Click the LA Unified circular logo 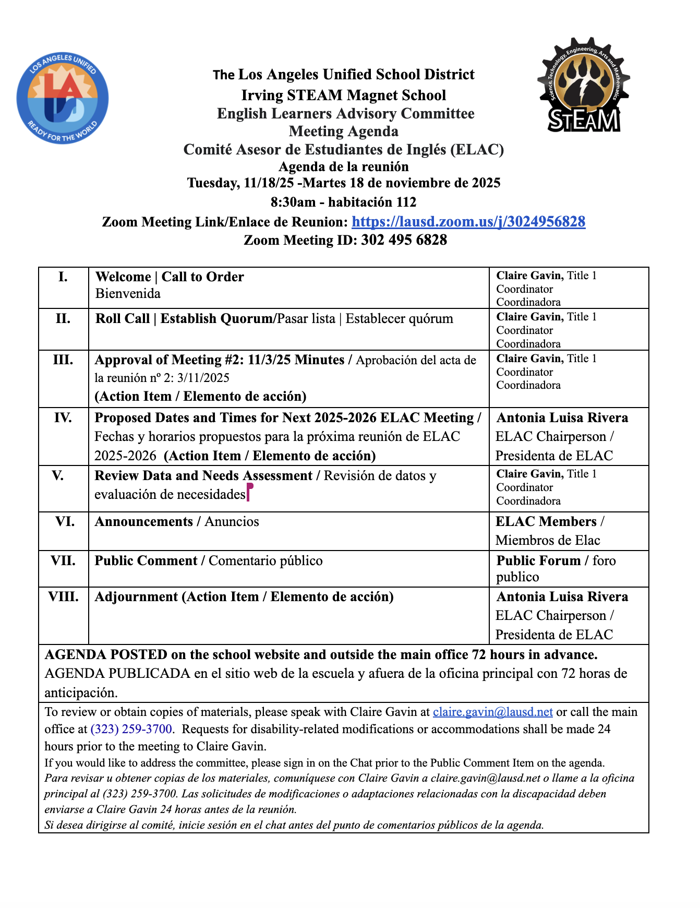click(x=63, y=99)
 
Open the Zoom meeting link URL click(x=468, y=222)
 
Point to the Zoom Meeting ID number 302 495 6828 click(x=404, y=240)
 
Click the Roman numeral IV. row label click(x=63, y=417)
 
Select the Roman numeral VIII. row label click(x=63, y=596)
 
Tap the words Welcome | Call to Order click(x=170, y=277)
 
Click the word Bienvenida click(x=128, y=293)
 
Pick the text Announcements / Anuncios click(x=177, y=521)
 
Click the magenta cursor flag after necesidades click(x=249, y=491)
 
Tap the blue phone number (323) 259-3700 click(x=131, y=729)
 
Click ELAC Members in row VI click(x=546, y=521)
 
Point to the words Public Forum click(x=538, y=560)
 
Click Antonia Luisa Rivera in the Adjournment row click(x=562, y=596)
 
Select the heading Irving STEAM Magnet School click(x=344, y=95)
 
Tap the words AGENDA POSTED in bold click(x=106, y=654)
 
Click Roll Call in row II click(x=123, y=318)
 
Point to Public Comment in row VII click(x=146, y=560)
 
